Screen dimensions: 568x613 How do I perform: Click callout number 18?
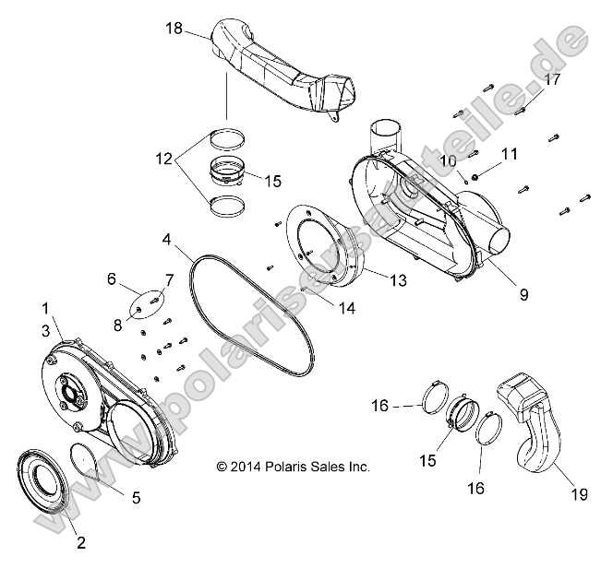pyautogui.click(x=174, y=29)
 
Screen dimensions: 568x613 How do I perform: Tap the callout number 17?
pyautogui.click(x=551, y=79)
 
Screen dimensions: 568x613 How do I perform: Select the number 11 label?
pyautogui.click(x=510, y=153)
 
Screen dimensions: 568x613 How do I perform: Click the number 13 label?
pyautogui.click(x=398, y=280)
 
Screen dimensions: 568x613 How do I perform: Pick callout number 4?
pyautogui.click(x=167, y=239)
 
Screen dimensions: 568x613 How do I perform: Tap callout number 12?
pyautogui.click(x=162, y=160)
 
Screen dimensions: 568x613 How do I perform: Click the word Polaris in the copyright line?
pyautogui.click(x=290, y=467)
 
